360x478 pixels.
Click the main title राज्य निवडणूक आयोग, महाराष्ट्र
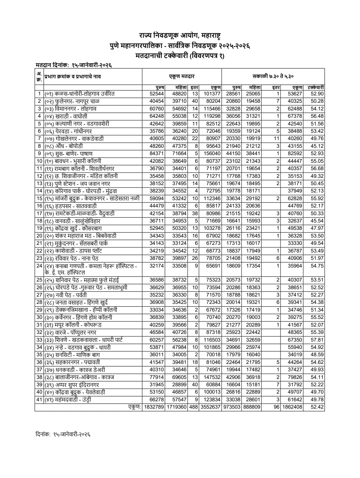(x=180, y=35)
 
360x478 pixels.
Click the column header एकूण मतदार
(x=182, y=77)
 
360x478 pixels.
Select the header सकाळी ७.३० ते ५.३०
(x=273, y=77)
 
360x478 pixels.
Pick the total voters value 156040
(x=212, y=153)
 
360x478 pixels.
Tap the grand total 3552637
(x=211, y=407)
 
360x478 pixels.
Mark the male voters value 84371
(x=157, y=153)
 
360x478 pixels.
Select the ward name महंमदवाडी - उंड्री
(x=68, y=400)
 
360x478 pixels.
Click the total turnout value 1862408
(x=292, y=407)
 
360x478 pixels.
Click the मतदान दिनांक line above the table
(x=73, y=65)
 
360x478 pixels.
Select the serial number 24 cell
(x=39, y=266)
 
